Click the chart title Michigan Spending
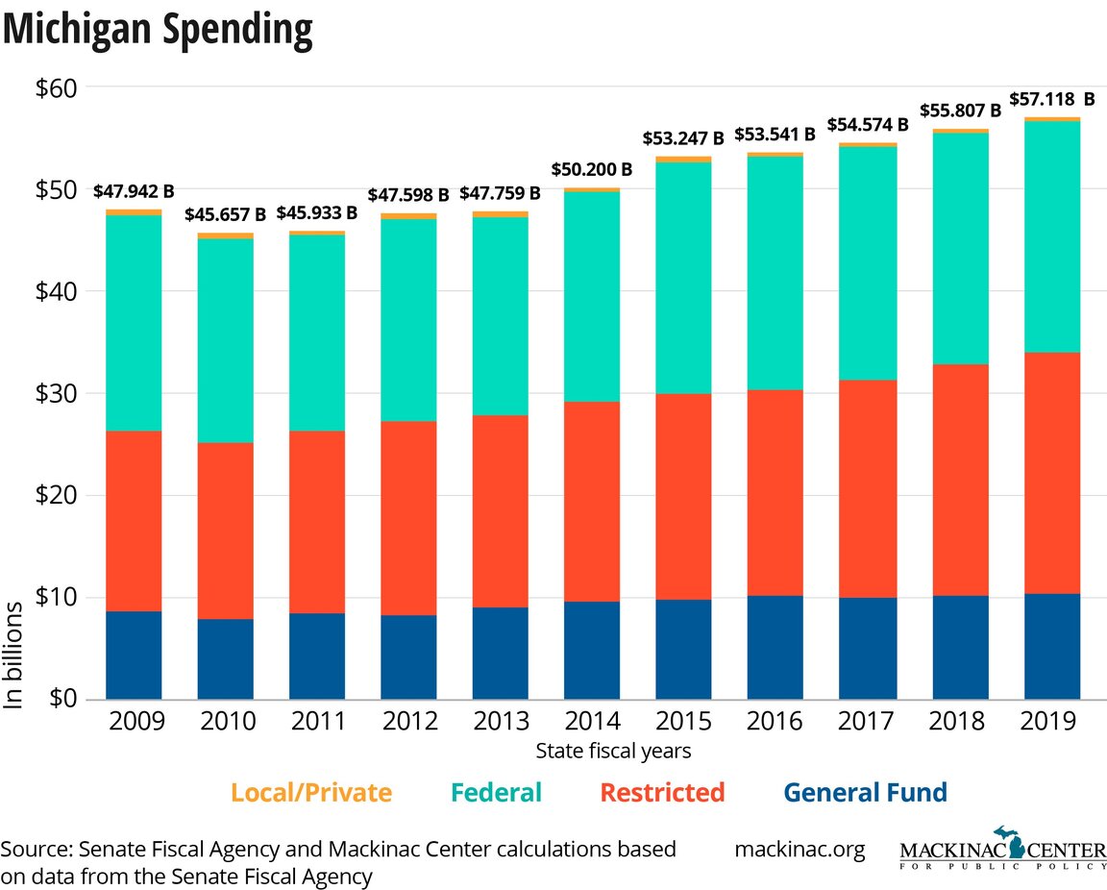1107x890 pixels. [x=159, y=31]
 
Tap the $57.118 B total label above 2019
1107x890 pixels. [x=1051, y=99]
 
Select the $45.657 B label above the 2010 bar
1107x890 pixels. [x=226, y=213]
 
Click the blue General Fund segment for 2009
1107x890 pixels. [x=134, y=655]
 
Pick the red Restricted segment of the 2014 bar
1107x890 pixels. [x=592, y=501]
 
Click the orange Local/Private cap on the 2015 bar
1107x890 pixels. [x=684, y=160]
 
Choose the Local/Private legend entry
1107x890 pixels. [x=311, y=793]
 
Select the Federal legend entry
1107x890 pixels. [x=497, y=793]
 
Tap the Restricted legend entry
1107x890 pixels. [x=662, y=793]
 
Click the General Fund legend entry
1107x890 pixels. [x=865, y=793]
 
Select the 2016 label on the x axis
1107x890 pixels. [x=775, y=721]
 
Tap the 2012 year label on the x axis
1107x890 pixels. [x=408, y=721]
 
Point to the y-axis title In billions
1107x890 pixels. [x=13, y=655]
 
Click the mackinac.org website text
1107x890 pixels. [x=799, y=850]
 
